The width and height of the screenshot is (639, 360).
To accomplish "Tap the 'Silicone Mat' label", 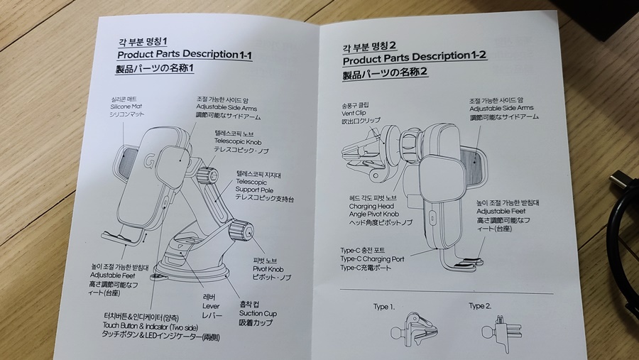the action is [x=127, y=107].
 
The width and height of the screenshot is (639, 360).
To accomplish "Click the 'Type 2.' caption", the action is [x=480, y=306].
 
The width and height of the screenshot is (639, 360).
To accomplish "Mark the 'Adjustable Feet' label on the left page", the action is [x=113, y=275].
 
